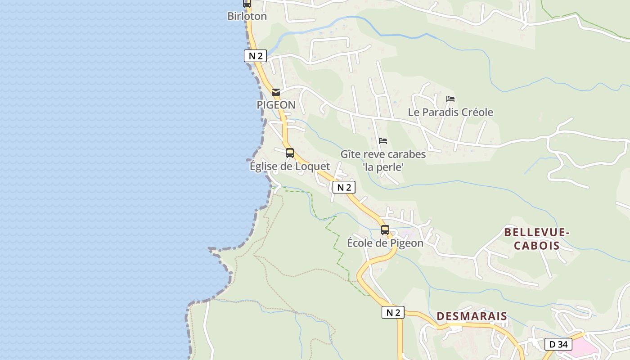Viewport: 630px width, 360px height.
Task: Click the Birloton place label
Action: [247, 16]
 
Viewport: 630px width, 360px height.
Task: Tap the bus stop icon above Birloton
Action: [247, 3]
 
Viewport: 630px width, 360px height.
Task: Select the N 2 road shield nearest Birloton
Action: [256, 56]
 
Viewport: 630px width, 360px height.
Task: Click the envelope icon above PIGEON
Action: [276, 92]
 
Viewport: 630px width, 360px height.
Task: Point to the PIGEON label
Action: [276, 105]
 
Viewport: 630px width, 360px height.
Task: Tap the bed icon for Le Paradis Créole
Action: [450, 99]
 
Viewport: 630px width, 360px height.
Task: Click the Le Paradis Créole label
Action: [450, 112]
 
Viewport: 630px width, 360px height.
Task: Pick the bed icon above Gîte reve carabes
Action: [383, 141]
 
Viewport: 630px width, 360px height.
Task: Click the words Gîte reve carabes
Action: [383, 154]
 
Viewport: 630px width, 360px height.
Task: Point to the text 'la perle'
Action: [383, 167]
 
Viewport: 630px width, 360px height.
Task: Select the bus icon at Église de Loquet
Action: [290, 153]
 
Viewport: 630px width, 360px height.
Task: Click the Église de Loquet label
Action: [290, 166]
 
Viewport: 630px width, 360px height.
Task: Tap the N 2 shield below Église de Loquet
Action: [344, 188]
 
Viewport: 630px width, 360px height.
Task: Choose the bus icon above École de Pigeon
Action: [385, 230]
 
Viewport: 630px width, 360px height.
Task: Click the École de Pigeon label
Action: [385, 243]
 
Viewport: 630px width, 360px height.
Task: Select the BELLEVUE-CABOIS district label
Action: [537, 239]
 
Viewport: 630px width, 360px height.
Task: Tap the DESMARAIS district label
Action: [472, 316]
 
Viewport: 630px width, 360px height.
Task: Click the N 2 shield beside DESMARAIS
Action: [393, 312]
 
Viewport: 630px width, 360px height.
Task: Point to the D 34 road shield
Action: [558, 344]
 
